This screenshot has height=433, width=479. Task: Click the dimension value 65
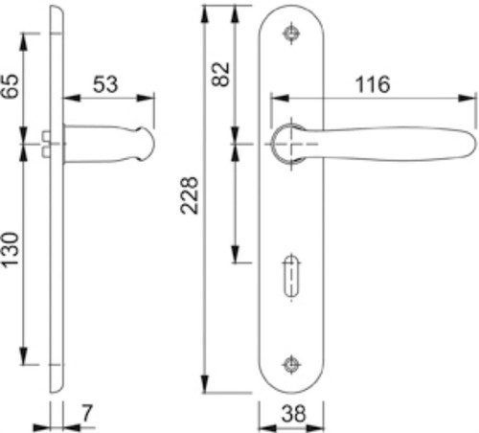[10, 86]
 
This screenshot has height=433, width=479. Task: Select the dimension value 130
[10, 250]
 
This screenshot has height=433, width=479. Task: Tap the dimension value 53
[105, 84]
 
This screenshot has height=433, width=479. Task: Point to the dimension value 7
[86, 413]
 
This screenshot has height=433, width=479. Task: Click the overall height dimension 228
[190, 195]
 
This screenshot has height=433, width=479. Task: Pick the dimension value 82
[220, 74]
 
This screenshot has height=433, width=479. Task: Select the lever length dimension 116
[373, 84]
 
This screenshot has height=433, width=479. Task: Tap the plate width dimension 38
[293, 414]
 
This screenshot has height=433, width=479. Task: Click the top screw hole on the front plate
[291, 34]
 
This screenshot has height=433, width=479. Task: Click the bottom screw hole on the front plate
[291, 364]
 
